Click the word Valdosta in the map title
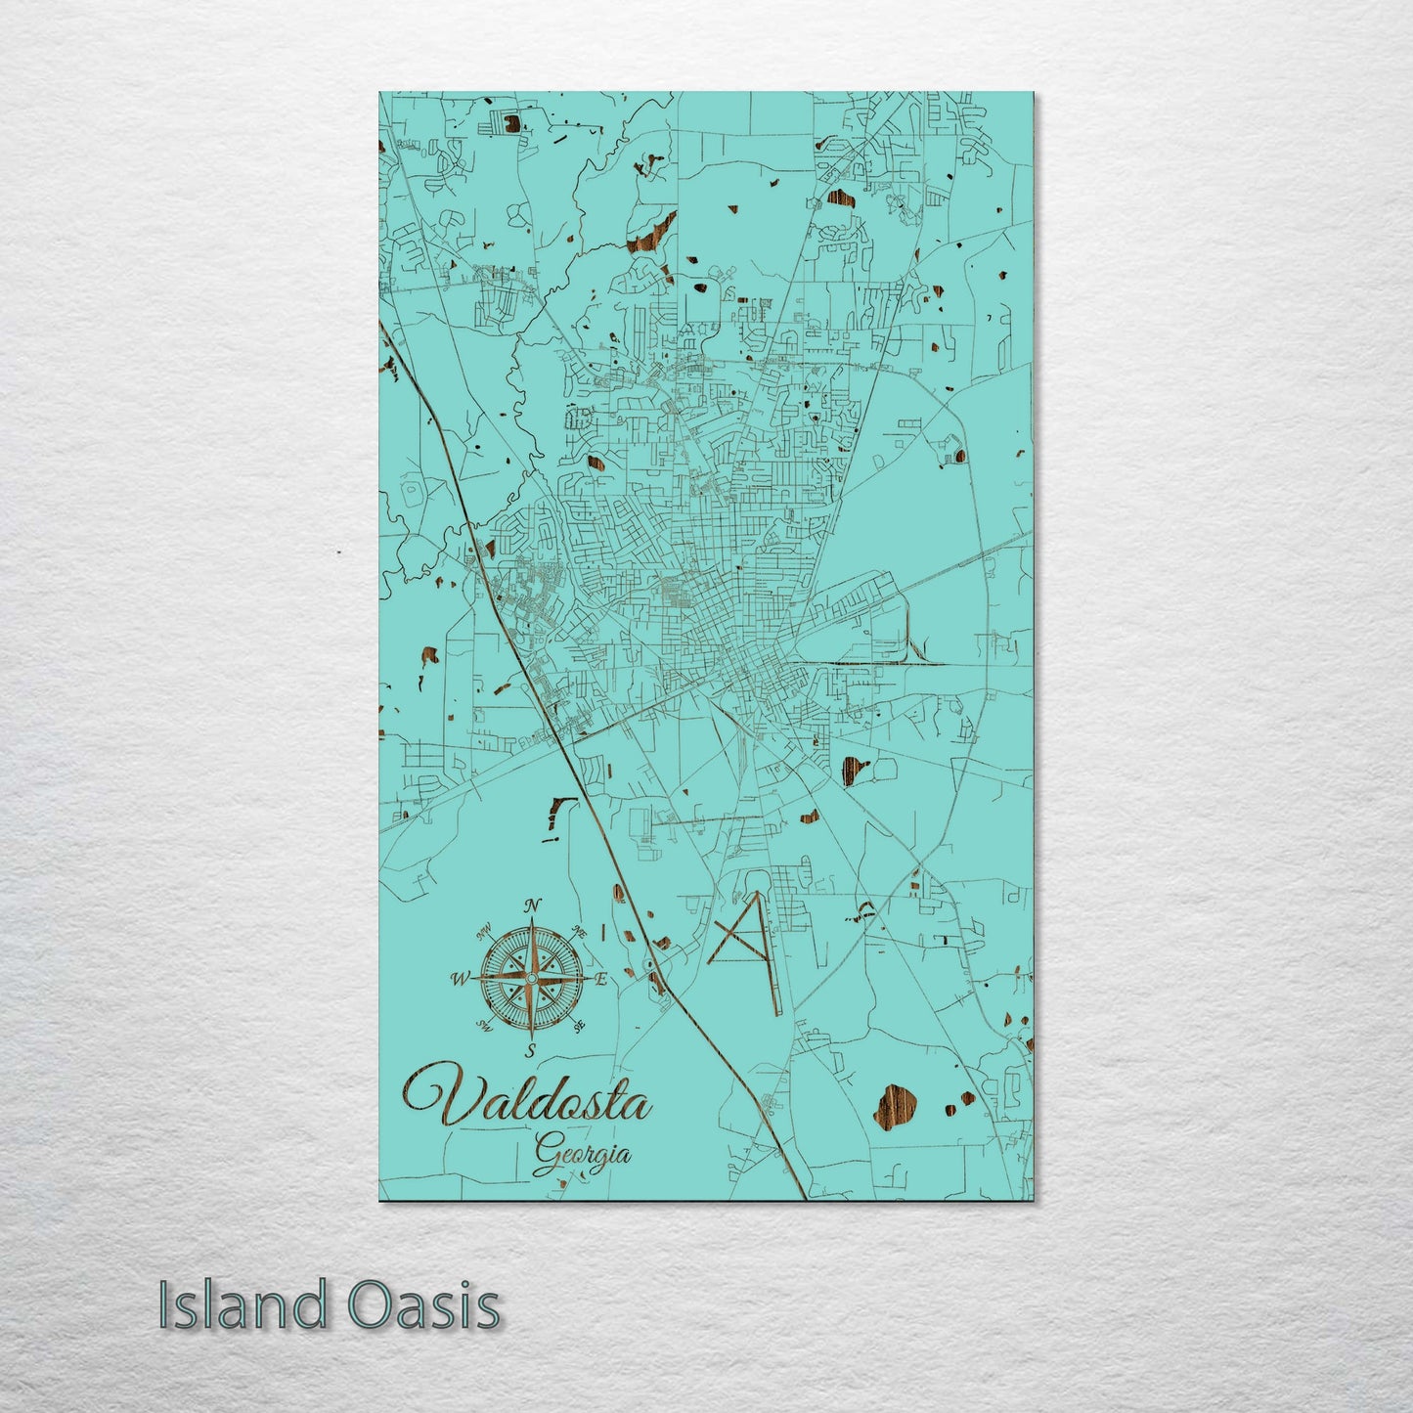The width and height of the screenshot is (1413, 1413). point(526,1097)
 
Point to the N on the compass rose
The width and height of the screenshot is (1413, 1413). point(532,905)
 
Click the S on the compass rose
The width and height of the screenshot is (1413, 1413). point(531,1051)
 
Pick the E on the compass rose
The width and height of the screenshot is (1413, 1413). point(602,978)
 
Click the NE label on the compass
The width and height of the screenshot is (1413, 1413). point(579,933)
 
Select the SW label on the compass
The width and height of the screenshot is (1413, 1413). point(483,1025)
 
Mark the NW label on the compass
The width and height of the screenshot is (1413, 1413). point(483,933)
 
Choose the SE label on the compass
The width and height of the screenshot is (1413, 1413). point(579,1025)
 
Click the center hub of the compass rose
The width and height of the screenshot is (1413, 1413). point(531,978)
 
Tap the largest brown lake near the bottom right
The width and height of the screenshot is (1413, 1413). point(897,1105)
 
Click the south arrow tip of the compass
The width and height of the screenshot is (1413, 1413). point(531,1038)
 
